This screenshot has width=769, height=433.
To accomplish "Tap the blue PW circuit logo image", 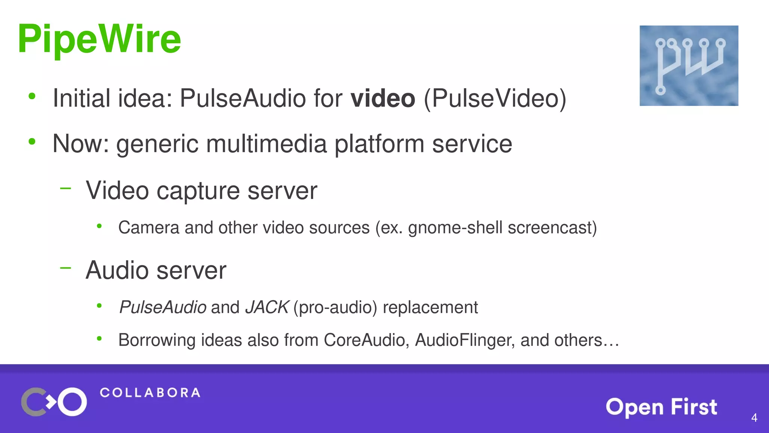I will (689, 65).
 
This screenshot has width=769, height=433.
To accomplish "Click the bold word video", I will (383, 98).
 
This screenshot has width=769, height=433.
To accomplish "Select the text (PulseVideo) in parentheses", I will (495, 98).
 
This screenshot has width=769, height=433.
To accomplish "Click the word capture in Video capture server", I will (198, 191).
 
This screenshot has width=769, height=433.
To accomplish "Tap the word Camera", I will (149, 228).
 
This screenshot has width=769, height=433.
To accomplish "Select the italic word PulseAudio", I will (163, 307).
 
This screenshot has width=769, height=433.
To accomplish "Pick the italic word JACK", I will (267, 307).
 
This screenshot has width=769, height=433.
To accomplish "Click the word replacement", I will (430, 307).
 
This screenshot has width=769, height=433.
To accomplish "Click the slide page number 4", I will (754, 418).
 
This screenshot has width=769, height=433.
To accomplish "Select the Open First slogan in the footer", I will (661, 407).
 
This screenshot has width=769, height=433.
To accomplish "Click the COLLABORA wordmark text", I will (150, 393).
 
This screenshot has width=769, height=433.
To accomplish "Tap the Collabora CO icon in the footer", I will (54, 402).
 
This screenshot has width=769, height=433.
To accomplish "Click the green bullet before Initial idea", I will (32, 96).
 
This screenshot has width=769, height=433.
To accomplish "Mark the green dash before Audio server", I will (65, 268).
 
